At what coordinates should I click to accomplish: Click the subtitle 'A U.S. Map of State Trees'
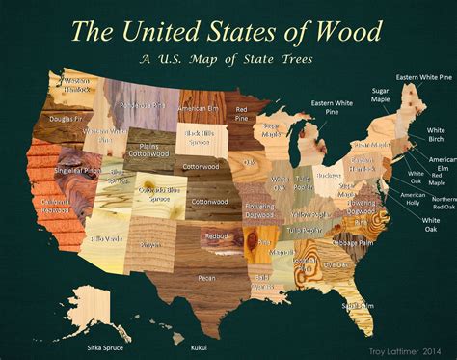pos(228,58)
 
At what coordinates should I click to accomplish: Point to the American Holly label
pos(415,198)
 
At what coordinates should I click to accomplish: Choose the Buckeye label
pos(330,177)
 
